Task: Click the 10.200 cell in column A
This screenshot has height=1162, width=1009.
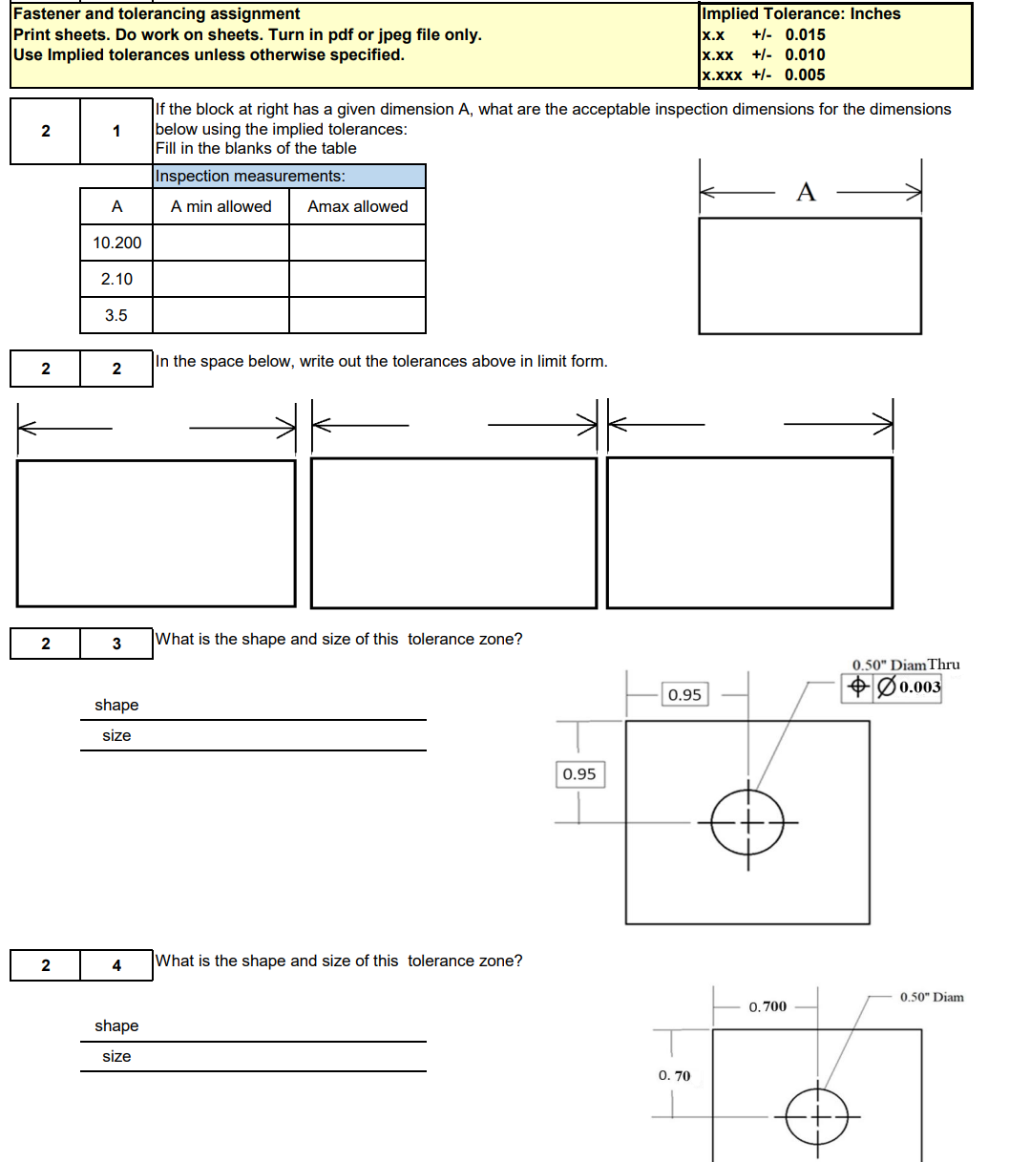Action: click(x=116, y=243)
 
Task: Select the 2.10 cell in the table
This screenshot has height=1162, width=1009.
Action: click(x=116, y=279)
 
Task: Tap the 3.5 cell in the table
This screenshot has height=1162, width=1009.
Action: click(x=116, y=315)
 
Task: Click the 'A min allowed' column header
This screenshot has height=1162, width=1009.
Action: click(x=221, y=206)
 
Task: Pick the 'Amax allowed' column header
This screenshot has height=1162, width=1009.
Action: click(x=357, y=206)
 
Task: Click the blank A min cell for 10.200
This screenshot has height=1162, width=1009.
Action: click(x=221, y=243)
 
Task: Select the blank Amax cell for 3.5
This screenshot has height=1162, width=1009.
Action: click(x=357, y=315)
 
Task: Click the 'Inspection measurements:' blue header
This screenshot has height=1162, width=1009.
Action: click(x=250, y=176)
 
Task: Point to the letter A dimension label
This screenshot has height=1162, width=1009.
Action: click(x=806, y=193)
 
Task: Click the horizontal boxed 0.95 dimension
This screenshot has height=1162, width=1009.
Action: click(x=684, y=695)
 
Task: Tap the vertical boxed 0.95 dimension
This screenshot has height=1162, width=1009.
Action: click(x=579, y=774)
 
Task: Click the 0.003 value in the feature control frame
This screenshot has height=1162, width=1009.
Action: click(x=919, y=687)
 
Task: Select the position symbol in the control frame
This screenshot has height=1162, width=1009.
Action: click(x=857, y=687)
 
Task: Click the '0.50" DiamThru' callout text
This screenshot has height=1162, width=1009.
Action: click(x=905, y=665)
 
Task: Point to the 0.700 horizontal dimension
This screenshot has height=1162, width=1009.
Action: click(x=767, y=1006)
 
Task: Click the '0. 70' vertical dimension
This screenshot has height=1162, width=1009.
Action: click(x=674, y=1076)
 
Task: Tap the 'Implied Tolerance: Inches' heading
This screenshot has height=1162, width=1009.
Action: click(x=801, y=13)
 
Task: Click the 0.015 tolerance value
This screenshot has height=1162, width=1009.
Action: click(x=805, y=34)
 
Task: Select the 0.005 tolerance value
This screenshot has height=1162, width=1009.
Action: click(x=805, y=74)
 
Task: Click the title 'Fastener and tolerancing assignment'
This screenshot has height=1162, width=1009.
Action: click(x=157, y=13)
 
